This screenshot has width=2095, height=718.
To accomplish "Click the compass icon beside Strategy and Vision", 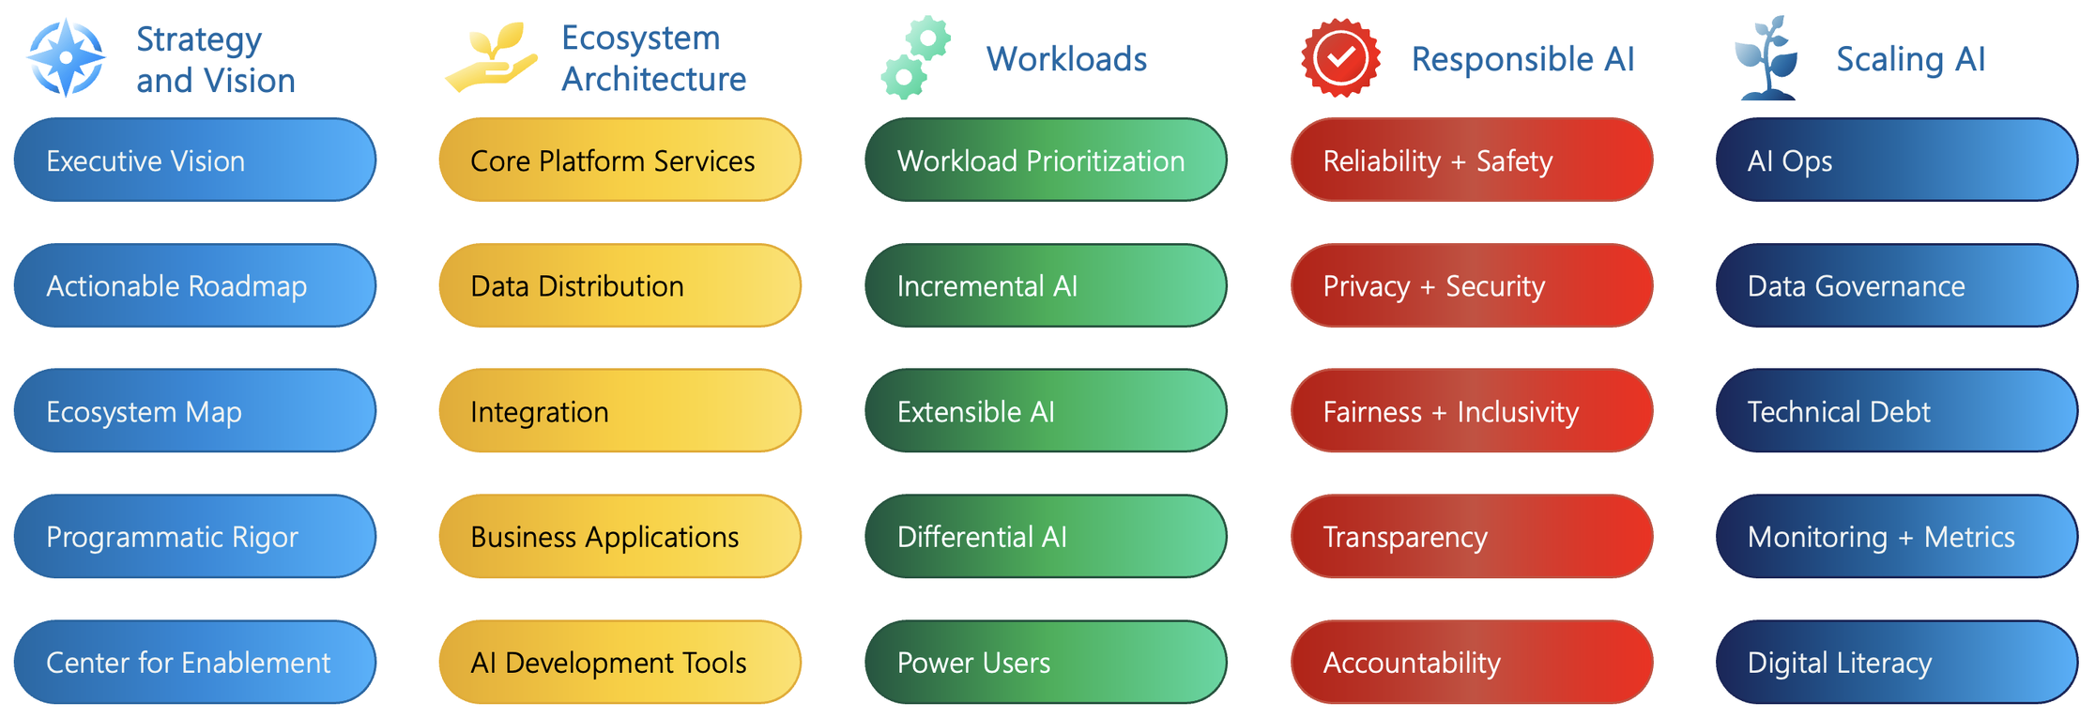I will [66, 58].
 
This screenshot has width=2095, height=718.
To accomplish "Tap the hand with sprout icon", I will [491, 58].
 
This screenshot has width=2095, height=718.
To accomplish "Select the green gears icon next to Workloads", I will [915, 58].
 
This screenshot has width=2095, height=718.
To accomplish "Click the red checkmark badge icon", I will [1340, 58].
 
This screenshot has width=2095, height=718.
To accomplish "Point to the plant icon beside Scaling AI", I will [1766, 58].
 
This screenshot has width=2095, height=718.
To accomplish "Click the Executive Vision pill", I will [194, 160].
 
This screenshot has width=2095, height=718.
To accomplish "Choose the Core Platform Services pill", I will [619, 160].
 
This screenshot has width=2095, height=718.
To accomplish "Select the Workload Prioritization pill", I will [1045, 160].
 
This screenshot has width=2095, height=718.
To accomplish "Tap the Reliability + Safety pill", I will [1471, 160].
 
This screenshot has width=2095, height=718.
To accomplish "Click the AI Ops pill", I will [1896, 160].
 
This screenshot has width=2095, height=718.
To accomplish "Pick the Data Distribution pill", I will [619, 285].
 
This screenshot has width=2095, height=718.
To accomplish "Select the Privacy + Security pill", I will [1471, 285].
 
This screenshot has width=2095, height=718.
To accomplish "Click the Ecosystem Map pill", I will [194, 411].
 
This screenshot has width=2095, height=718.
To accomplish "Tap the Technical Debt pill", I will [1896, 411].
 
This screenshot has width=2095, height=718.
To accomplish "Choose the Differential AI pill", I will [1045, 536].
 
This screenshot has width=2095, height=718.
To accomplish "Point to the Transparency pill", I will [1471, 536].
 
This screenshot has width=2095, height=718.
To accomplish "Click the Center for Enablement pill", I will [194, 662].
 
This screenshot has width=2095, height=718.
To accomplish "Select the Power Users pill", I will [1045, 662].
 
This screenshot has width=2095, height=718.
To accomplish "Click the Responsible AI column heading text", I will [1522, 59].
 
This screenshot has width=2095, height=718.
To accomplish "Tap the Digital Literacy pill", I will [1896, 662].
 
